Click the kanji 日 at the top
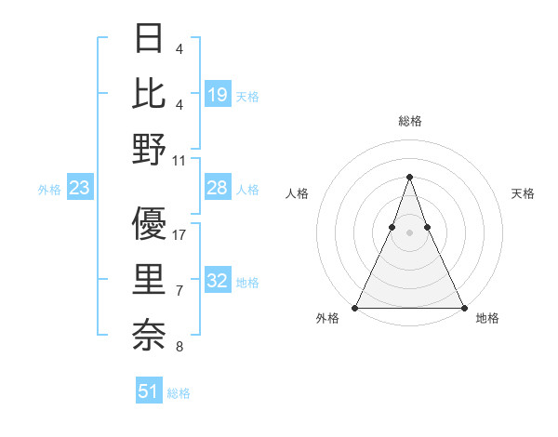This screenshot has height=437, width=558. click(x=149, y=39)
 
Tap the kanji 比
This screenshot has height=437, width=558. click(x=149, y=94)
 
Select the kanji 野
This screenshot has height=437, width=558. click(x=149, y=149)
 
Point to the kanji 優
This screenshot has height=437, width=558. click(x=149, y=223)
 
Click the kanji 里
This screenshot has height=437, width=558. click(x=149, y=278)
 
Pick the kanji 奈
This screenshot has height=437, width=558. click(x=149, y=333)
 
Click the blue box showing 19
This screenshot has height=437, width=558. click(x=218, y=94)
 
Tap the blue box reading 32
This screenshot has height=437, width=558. click(x=218, y=282)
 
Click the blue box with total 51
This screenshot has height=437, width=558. click(x=149, y=391)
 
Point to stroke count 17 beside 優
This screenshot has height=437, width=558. click(x=179, y=235)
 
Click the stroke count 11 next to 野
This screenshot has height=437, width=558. click(x=179, y=161)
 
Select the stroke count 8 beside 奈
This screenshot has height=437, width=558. click(x=179, y=348)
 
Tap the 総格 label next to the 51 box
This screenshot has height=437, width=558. click(x=179, y=393)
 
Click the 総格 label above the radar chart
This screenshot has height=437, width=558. click(x=409, y=121)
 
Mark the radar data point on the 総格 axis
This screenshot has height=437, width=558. click(x=409, y=177)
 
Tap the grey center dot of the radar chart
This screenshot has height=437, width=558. click(x=409, y=232)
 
